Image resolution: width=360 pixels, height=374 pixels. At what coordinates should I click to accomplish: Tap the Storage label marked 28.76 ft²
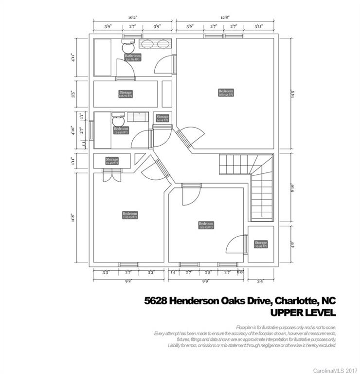click(x=126, y=94)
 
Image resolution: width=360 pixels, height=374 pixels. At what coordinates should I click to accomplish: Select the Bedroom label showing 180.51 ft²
click(x=226, y=93)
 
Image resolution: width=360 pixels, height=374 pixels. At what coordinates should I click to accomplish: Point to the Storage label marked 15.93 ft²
click(x=261, y=244)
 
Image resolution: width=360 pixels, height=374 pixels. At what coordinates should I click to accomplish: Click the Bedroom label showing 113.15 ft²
click(x=116, y=215)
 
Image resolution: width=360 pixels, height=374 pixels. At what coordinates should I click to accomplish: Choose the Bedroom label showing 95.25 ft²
click(x=206, y=225)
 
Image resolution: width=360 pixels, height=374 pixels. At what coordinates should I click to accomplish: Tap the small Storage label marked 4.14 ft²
click(x=162, y=118)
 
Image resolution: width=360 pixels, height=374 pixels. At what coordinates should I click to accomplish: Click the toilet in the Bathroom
click(x=127, y=47)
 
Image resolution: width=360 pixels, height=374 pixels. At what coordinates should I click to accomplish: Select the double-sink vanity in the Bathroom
click(x=155, y=43)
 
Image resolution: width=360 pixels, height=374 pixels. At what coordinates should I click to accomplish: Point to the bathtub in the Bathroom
click(x=103, y=57)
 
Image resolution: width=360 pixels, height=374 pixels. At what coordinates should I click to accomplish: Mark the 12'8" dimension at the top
click(x=225, y=17)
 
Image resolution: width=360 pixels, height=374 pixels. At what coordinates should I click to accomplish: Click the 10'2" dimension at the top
click(x=133, y=17)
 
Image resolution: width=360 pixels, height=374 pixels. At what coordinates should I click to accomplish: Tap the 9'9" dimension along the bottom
click(x=206, y=281)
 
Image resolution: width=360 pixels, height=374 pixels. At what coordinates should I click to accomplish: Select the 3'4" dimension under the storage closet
click(x=261, y=281)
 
